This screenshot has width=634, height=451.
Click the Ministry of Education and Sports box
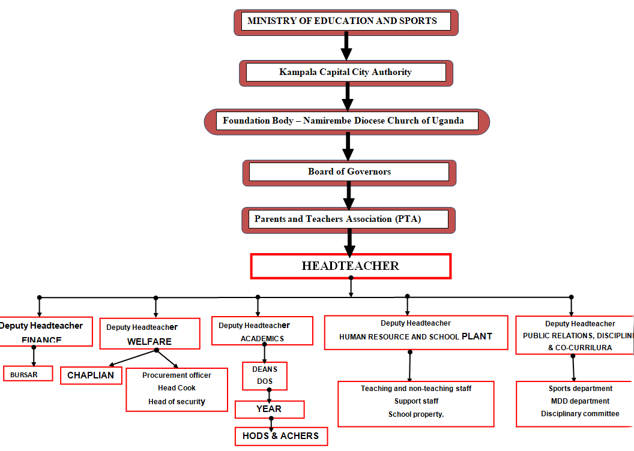coord(345,22)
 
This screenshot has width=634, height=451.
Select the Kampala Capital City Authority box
coord(346,73)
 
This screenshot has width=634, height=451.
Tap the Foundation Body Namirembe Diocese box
coord(346,121)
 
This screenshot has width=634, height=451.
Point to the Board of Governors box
coord(349,172)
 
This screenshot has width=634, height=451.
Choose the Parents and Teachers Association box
coord(348,220)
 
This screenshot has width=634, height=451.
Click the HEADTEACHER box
coord(350,266)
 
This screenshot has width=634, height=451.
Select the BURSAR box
coord(28,374)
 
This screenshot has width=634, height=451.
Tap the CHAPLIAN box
coord(91,375)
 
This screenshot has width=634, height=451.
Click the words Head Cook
coord(177,388)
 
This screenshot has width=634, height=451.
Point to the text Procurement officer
coord(177,375)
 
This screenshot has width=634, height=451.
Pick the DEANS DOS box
coord(265,375)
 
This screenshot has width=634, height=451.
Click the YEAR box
coord(269,409)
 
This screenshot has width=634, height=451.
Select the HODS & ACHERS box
coord(281,436)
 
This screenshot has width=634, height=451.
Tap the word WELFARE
coord(149,342)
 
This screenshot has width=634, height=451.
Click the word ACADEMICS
coord(262,339)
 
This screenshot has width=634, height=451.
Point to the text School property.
coord(416,414)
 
